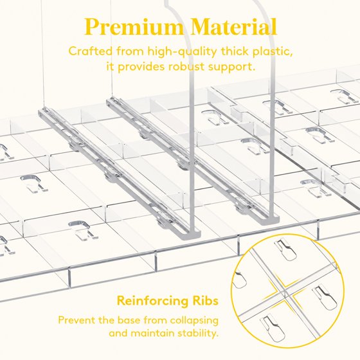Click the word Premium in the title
tap(134, 27)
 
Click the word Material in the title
tap(233, 26)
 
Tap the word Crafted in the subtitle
tap(90, 51)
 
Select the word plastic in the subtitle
tap(273, 52)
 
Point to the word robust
tap(186, 67)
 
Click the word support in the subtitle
tap(231, 67)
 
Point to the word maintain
tap(152, 333)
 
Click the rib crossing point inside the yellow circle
tap(285, 291)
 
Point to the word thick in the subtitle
tap(235, 51)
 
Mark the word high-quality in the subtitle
tap(182, 52)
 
